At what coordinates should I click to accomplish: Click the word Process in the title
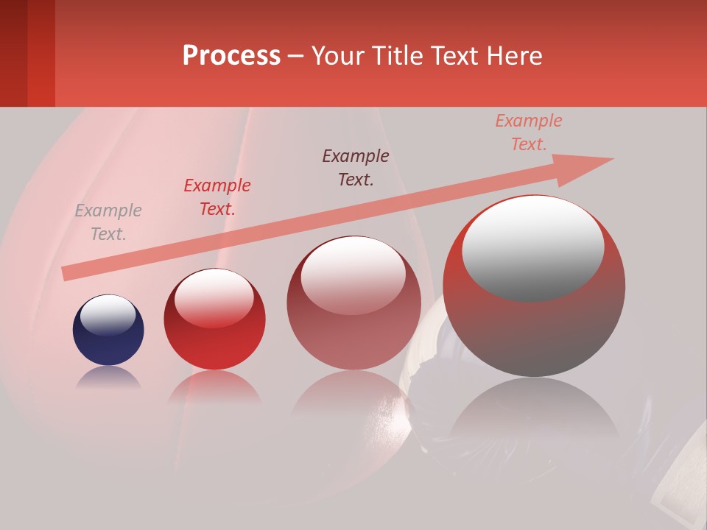click(231, 56)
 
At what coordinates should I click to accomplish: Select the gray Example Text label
click(108, 222)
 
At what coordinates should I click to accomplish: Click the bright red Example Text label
click(217, 197)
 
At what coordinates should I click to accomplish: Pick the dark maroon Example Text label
click(356, 167)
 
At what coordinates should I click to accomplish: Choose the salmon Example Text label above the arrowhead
click(528, 132)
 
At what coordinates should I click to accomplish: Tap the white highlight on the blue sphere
click(108, 314)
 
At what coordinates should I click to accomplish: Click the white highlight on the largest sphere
click(532, 247)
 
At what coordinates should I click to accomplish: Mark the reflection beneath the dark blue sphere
click(108, 378)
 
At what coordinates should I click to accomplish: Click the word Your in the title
click(340, 56)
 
